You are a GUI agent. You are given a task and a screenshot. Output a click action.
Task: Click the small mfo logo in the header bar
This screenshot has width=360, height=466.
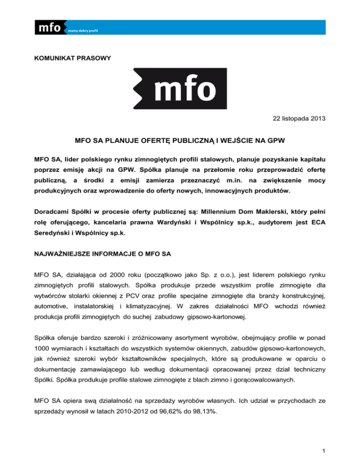click(48, 28)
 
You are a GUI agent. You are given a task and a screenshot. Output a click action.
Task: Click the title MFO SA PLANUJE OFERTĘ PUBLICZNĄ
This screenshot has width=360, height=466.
click(180, 140)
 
